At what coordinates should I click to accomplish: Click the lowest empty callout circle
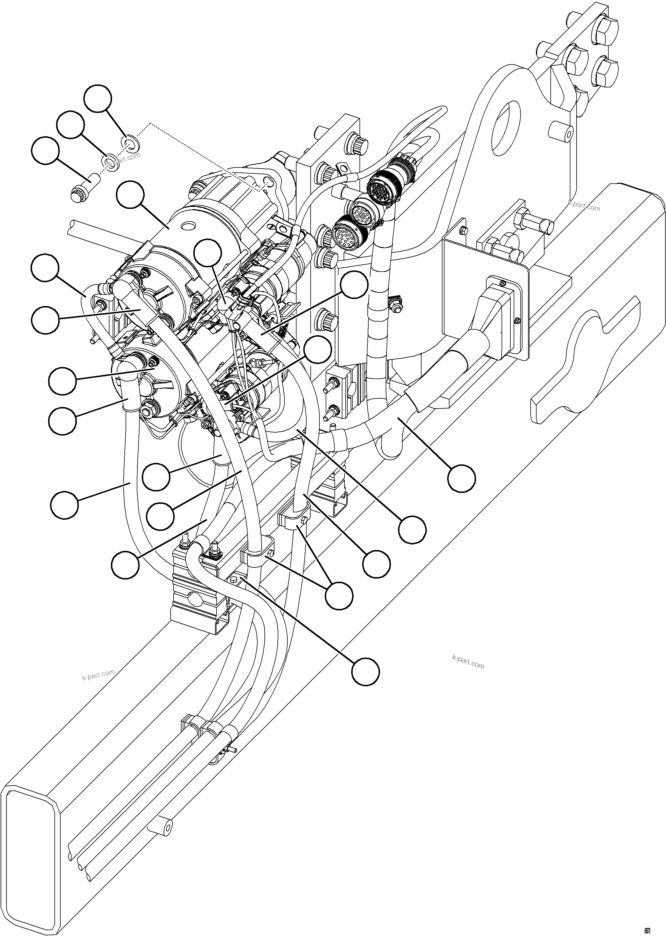pyautogui.click(x=365, y=672)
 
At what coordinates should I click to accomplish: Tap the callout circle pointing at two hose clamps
pyautogui.click(x=339, y=595)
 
